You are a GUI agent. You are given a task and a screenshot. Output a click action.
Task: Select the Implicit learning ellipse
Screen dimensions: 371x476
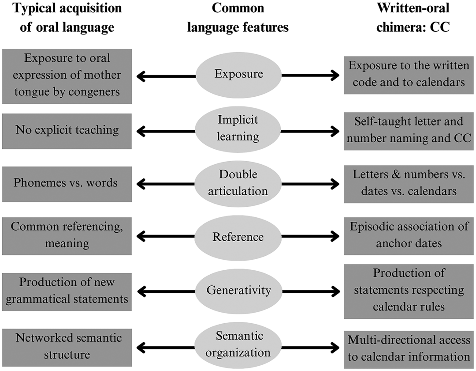point(238,129)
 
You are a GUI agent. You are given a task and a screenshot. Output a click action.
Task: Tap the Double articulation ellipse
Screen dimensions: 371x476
point(238,183)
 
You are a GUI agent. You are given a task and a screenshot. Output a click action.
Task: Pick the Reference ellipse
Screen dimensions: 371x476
point(238,237)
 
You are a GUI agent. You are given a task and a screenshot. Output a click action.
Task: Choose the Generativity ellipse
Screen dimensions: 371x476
point(238,291)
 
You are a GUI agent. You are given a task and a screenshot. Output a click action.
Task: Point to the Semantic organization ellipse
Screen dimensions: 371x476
point(238,345)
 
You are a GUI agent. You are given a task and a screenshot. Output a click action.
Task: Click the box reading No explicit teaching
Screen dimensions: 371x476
point(67,131)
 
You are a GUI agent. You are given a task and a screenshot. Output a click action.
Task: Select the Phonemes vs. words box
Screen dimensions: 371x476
point(67,183)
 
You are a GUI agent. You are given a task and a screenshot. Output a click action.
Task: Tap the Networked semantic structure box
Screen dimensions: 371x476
point(67,346)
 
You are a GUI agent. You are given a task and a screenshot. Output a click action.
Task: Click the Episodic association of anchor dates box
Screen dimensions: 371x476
point(409,235)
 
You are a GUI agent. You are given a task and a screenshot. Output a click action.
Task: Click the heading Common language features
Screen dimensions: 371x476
point(238,18)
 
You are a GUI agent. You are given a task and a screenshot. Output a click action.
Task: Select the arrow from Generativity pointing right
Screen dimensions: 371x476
point(310,291)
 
